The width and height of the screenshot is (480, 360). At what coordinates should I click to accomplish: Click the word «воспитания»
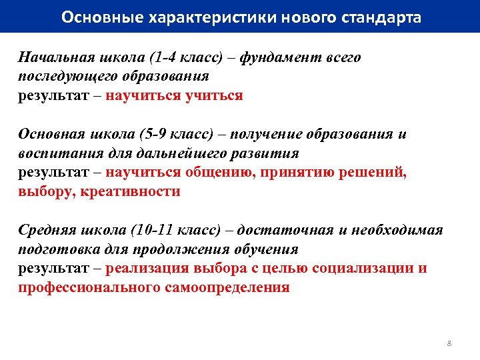coord(57,153)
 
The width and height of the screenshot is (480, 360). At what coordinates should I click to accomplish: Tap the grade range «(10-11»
coord(157,230)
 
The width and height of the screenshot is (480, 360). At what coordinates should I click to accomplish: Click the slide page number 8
coord(449,343)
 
